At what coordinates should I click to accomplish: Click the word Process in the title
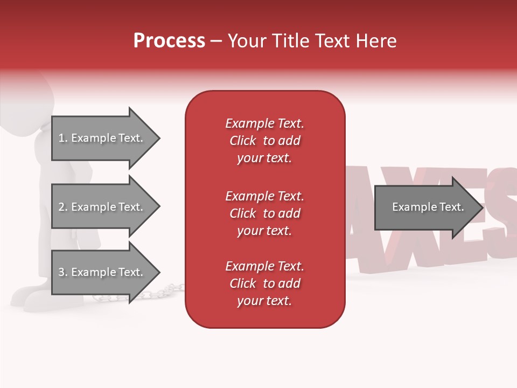coord(169,41)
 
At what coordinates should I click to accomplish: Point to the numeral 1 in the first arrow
coord(61,138)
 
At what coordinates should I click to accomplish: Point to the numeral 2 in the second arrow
coord(61,207)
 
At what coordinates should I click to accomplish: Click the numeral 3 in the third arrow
coord(61,272)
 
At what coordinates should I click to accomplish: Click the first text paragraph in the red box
coord(264,141)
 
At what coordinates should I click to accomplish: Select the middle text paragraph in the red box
coord(264,213)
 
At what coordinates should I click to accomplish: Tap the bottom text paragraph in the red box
coord(264,283)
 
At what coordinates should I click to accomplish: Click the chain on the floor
coord(162,292)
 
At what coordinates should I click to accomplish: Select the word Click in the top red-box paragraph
coord(242,141)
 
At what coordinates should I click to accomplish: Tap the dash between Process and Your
coord(216,41)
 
